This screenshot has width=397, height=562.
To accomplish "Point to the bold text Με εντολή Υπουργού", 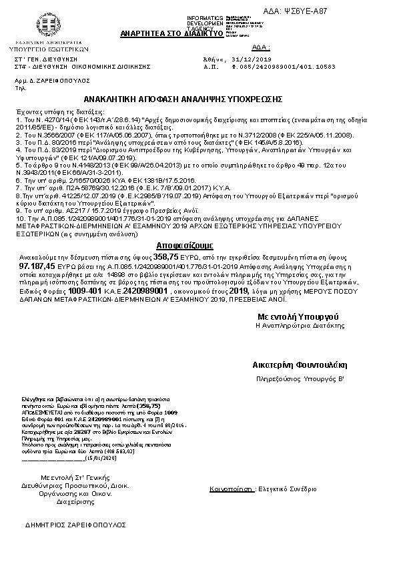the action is pos(300,315).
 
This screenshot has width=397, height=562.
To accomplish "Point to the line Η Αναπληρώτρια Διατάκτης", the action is pos(300,325).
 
